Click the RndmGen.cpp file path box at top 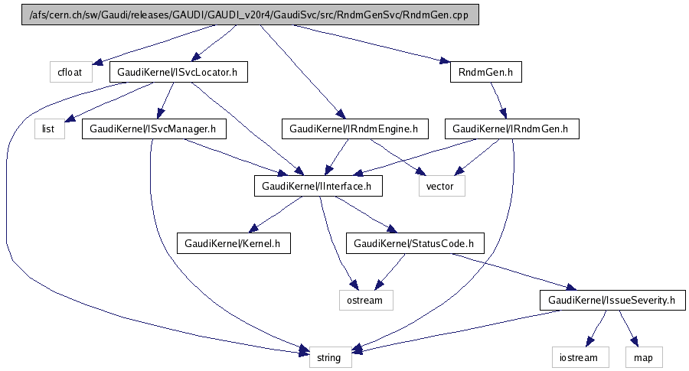coord(250,15)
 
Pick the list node coord(47,129)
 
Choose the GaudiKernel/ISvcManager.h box coord(153,129)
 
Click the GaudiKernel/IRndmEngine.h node coord(354,129)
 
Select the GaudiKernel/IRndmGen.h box coord(511,129)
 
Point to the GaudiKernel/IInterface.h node coord(318,186)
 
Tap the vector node coord(441,186)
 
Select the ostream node coord(365,300)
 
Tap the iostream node coord(580,356)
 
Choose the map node coord(644,356)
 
